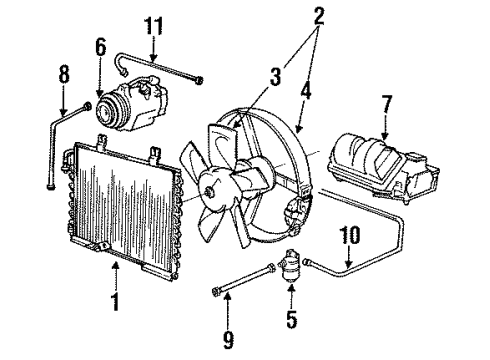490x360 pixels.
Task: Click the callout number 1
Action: coord(115,301)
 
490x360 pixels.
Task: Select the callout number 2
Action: coord(319,15)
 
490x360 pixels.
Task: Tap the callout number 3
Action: coord(275,76)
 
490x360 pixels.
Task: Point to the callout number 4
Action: coord(306,90)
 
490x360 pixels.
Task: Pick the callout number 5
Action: coord(291,319)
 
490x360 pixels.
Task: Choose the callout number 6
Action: coord(100,47)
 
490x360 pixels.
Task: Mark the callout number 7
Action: coord(386,104)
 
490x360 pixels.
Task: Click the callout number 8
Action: coord(64,74)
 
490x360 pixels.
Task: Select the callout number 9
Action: coord(228,340)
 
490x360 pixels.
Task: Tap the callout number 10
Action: coord(350,235)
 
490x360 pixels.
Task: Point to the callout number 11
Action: coord(154,26)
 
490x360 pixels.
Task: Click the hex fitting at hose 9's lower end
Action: coord(215,290)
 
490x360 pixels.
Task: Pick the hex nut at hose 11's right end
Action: coord(199,80)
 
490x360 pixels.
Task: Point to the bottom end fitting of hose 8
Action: coord(51,185)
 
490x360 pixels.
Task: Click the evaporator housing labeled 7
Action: coord(384,168)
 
